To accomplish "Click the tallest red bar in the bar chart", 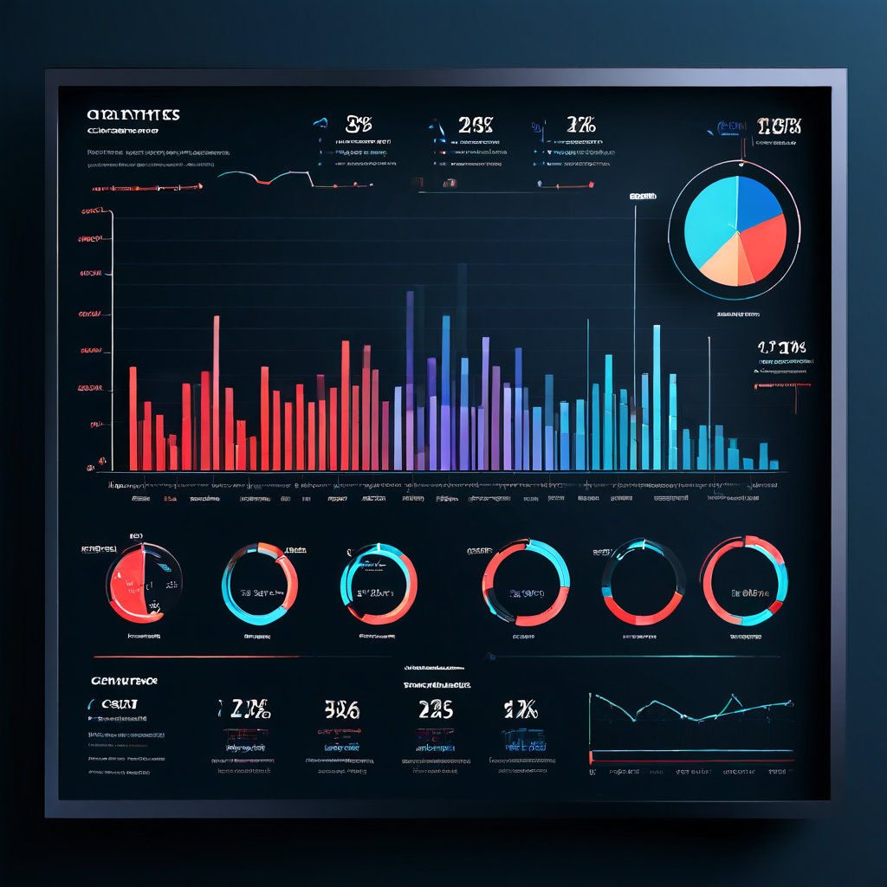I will tap(216, 390).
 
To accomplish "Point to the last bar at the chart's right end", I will tap(773, 464).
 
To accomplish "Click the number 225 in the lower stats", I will tap(436, 709).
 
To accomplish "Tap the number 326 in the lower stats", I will tap(341, 710).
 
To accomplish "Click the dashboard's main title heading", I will tap(133, 115).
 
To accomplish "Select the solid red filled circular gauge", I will tap(139, 582).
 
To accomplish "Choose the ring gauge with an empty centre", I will tap(644, 581).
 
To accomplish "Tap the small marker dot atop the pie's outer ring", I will tap(741, 161).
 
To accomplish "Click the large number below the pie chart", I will tap(781, 347).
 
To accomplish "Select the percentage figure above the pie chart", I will tap(779, 126).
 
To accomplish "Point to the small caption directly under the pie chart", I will tap(738, 314).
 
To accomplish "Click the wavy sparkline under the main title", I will tap(264, 178).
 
